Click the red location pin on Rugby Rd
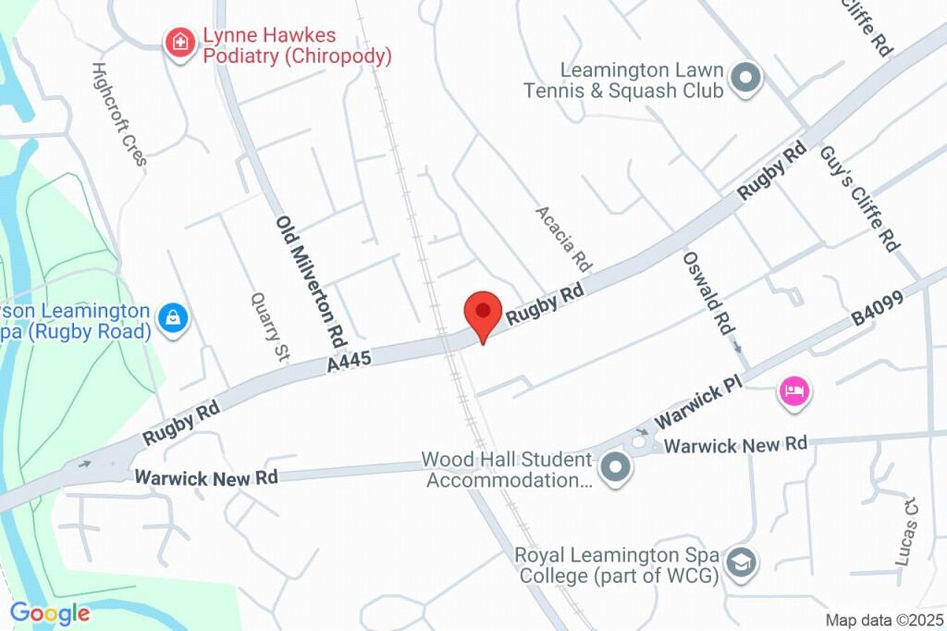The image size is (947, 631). point(482,312)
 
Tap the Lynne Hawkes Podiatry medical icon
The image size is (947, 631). point(178,42)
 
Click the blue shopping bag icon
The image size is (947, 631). point(173,319)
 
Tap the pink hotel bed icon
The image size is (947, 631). point(793,391)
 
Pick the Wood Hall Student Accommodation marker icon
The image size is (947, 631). point(614,469)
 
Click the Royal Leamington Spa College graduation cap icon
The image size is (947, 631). point(742,562)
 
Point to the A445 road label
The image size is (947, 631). point(350,362)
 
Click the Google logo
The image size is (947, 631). point(50,612)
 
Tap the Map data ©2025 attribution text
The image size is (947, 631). point(885,620)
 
